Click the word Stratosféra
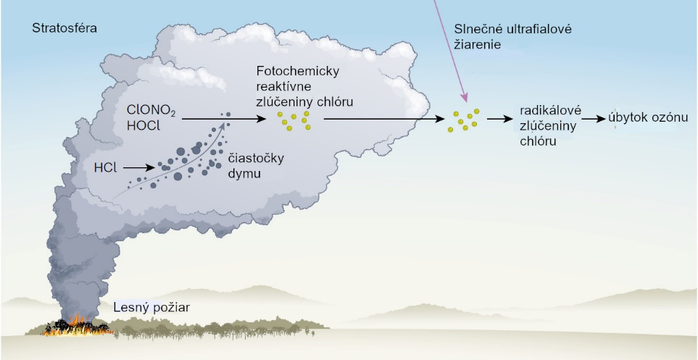(x=65, y=28)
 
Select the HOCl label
(x=145, y=127)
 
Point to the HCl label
(x=107, y=167)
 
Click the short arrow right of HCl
(x=139, y=167)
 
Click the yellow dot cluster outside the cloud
(x=463, y=120)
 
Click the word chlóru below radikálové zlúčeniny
(x=538, y=141)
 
